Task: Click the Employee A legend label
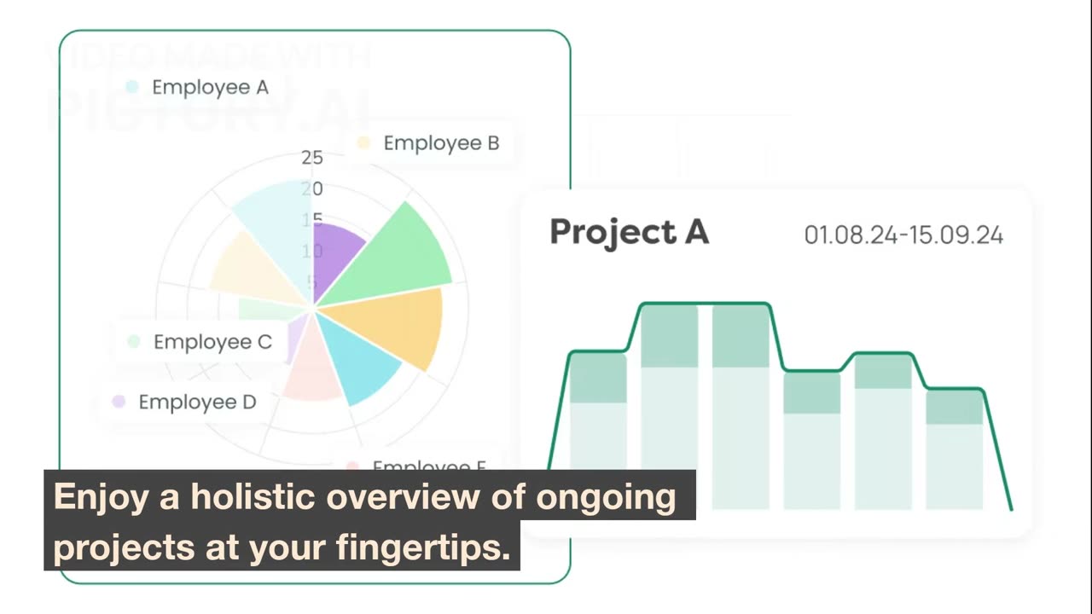pos(210,87)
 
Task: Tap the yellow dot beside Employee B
pos(363,143)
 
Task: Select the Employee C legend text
pos(212,342)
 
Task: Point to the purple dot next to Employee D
pos(119,402)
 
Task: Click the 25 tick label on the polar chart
pos(312,157)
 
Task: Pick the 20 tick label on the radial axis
pos(312,188)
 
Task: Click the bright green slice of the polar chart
pos(397,256)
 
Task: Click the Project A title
pos(629,232)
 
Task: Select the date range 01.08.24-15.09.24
pos(903,235)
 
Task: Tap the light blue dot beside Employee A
pos(132,87)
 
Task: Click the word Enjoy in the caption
pos(101,497)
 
